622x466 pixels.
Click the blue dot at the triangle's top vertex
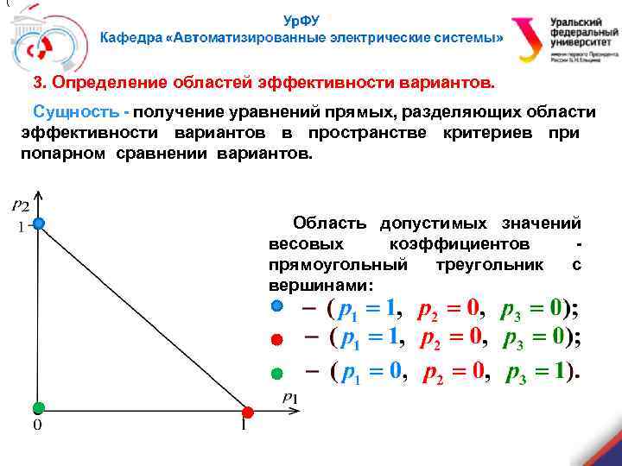click(39, 224)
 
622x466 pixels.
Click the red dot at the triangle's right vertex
click(247, 412)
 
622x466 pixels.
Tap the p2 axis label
click(21, 205)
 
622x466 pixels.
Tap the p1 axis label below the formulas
click(290, 397)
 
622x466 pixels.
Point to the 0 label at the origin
click(37, 425)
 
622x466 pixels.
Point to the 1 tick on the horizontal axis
click(244, 425)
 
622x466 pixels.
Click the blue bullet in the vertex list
click(276, 306)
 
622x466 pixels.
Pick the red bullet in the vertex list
click(276, 339)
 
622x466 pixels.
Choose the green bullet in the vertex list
click(276, 373)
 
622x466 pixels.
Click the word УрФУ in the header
click(301, 20)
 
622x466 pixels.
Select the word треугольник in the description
click(489, 265)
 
